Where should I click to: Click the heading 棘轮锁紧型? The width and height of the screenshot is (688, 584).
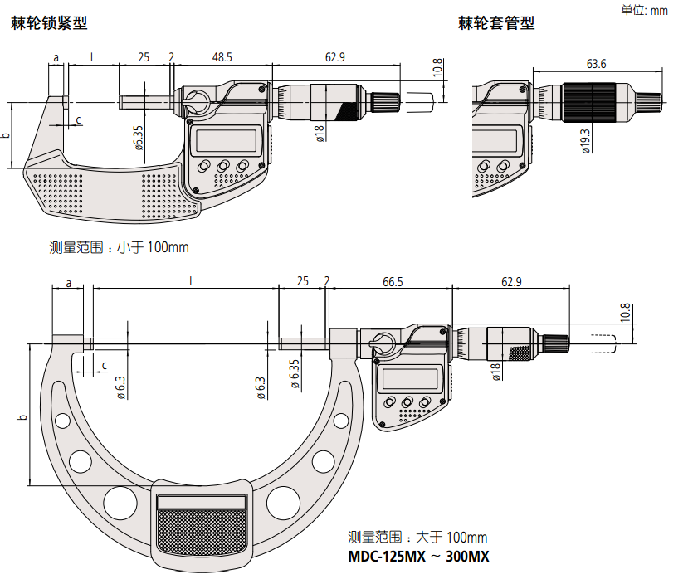pos(49,24)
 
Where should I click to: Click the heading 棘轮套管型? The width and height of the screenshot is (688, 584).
pos(496,24)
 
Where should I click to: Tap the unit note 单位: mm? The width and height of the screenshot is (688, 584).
pos(645,10)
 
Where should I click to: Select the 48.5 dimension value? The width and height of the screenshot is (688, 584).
pos(222,57)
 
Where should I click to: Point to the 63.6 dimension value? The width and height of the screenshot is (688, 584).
pos(596,64)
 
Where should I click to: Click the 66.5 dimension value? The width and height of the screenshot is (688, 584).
pos(393,282)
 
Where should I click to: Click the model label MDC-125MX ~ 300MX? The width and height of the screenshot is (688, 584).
pos(418,557)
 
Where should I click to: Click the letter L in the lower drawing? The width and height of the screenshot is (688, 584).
pos(192,282)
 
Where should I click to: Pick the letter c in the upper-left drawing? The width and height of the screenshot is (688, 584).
pos(79,120)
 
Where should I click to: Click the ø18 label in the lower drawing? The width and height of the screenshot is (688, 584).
pos(495,372)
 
